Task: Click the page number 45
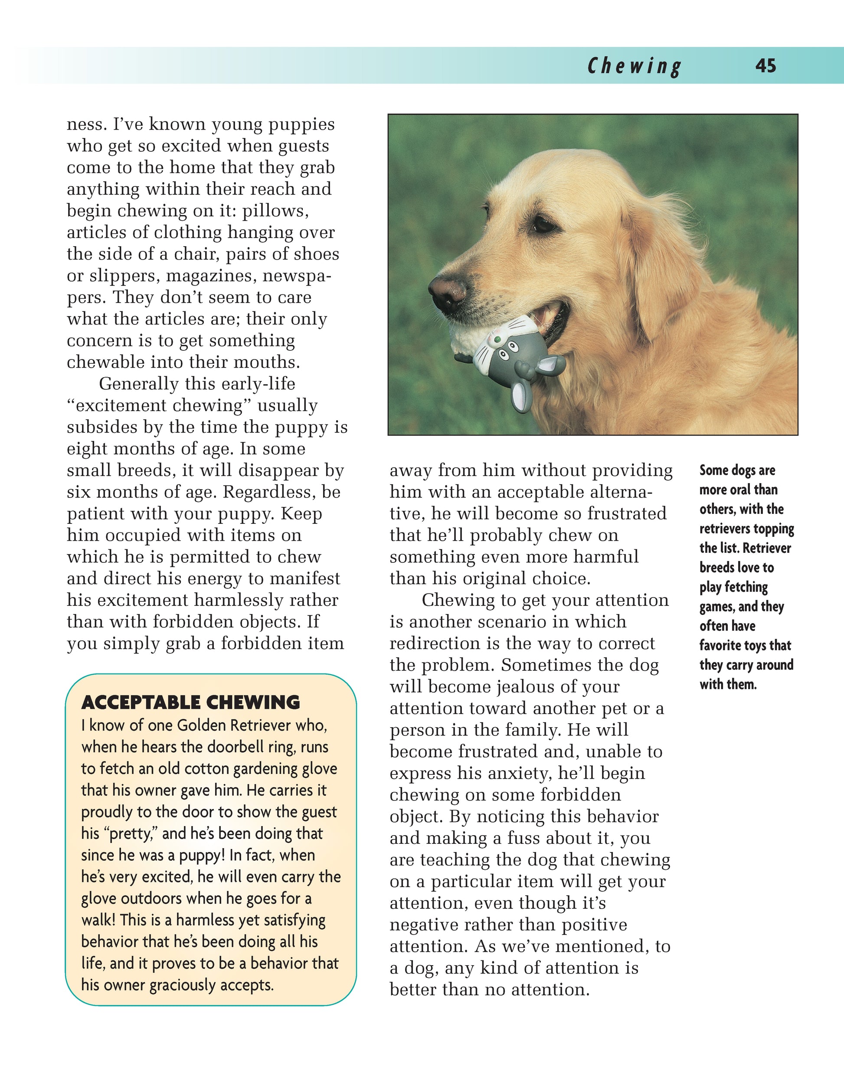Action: pyautogui.click(x=765, y=66)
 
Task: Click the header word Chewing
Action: pyautogui.click(x=634, y=66)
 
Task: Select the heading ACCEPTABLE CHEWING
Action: pyautogui.click(x=191, y=702)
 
